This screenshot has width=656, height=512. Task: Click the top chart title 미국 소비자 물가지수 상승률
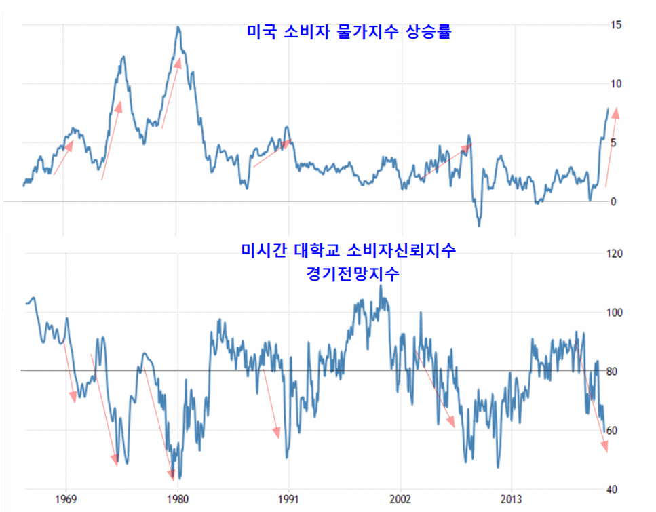point(347,32)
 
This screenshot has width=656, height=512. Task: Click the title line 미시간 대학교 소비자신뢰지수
point(348,252)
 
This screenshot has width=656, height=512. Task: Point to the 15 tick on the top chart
point(616,25)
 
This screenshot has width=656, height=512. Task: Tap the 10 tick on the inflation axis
point(616,84)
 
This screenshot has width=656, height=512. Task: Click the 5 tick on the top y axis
point(613,143)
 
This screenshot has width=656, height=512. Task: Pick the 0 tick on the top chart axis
point(613,202)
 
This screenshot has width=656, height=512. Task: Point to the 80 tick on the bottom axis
point(616,372)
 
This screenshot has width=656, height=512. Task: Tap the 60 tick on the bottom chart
point(616,431)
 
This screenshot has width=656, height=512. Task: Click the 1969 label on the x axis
point(66,500)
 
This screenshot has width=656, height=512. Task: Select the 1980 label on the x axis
point(178,500)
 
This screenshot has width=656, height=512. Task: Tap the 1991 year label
point(289,500)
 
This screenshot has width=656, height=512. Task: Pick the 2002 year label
point(401,500)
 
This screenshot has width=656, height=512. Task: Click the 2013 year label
point(512,500)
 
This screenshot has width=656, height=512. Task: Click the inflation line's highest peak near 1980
point(177,27)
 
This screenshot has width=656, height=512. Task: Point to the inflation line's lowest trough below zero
point(479,225)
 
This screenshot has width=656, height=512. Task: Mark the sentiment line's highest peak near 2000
point(381,286)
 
